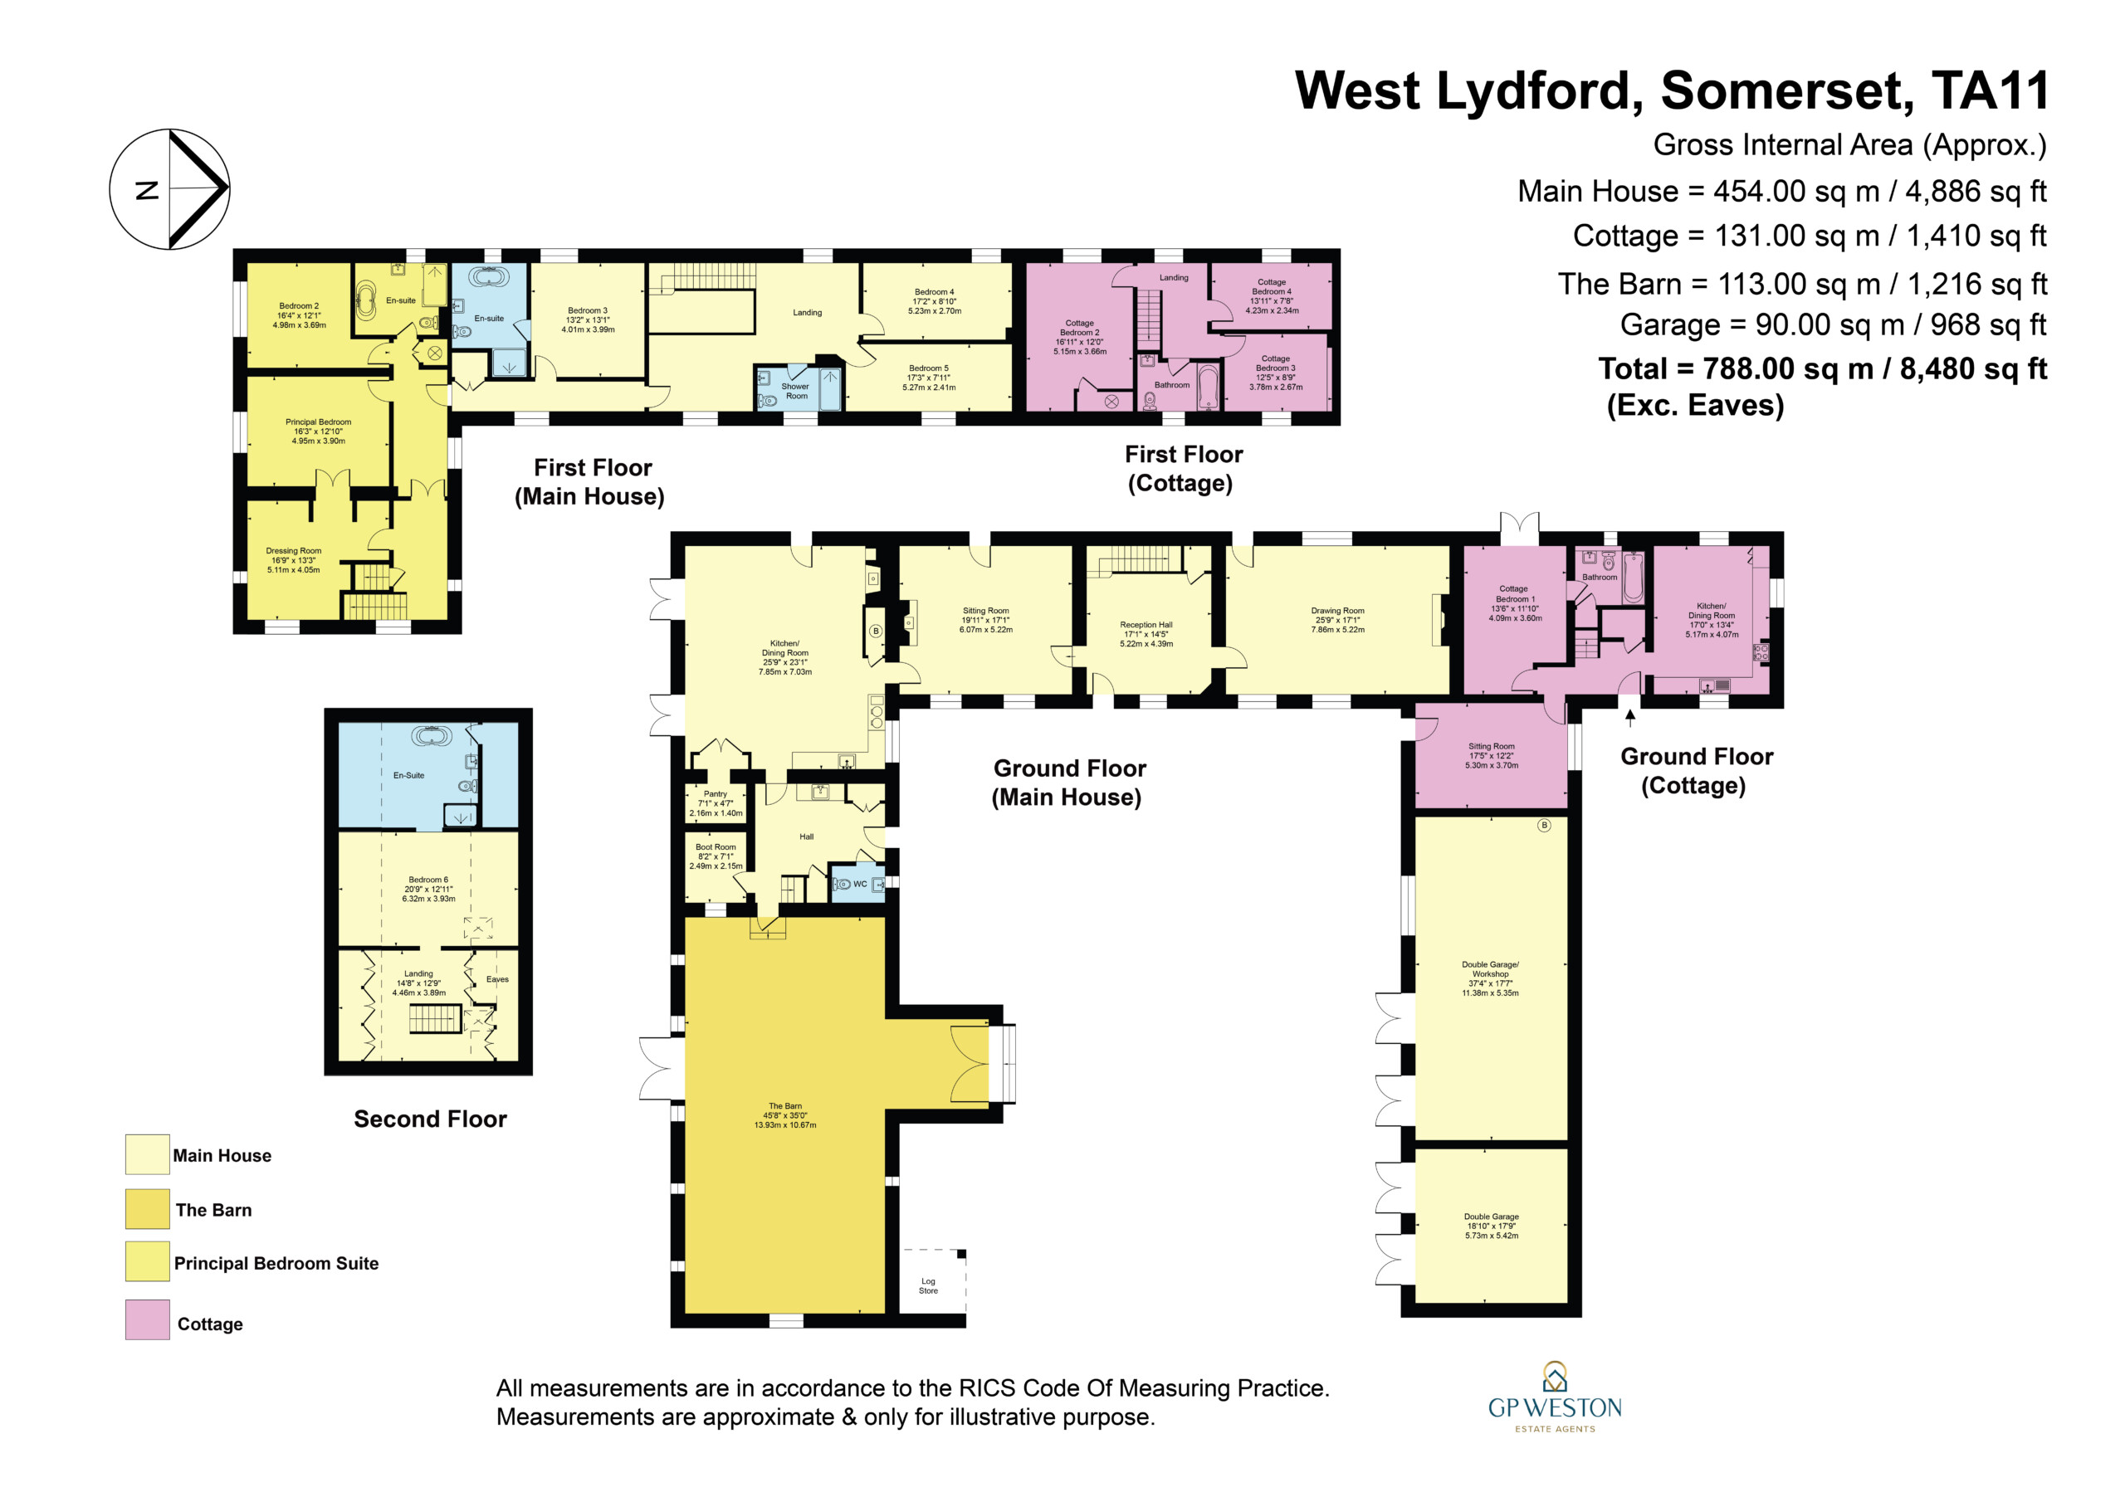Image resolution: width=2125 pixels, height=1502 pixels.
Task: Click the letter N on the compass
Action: click(147, 190)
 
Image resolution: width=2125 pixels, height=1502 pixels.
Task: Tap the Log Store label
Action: click(928, 1285)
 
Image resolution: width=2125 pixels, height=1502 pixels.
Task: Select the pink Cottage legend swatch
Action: click(147, 1319)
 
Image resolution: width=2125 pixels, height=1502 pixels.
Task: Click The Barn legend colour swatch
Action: click(147, 1208)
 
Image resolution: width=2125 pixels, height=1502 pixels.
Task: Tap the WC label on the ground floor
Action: click(860, 884)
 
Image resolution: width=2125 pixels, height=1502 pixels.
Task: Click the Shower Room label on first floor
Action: click(796, 392)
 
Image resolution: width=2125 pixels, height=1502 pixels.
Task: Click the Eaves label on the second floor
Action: click(497, 979)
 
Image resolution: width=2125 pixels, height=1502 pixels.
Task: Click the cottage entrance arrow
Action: click(1629, 717)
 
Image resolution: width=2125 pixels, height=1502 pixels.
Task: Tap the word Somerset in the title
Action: click(1787, 90)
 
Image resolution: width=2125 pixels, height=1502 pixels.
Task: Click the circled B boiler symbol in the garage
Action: click(1544, 825)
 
